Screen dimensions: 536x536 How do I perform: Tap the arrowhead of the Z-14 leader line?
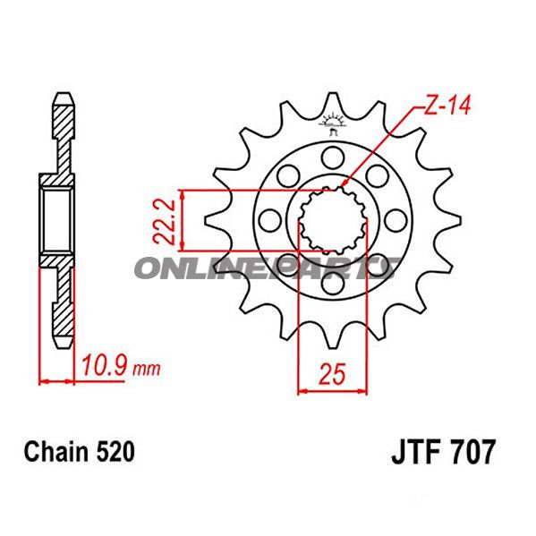click(346, 185)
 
